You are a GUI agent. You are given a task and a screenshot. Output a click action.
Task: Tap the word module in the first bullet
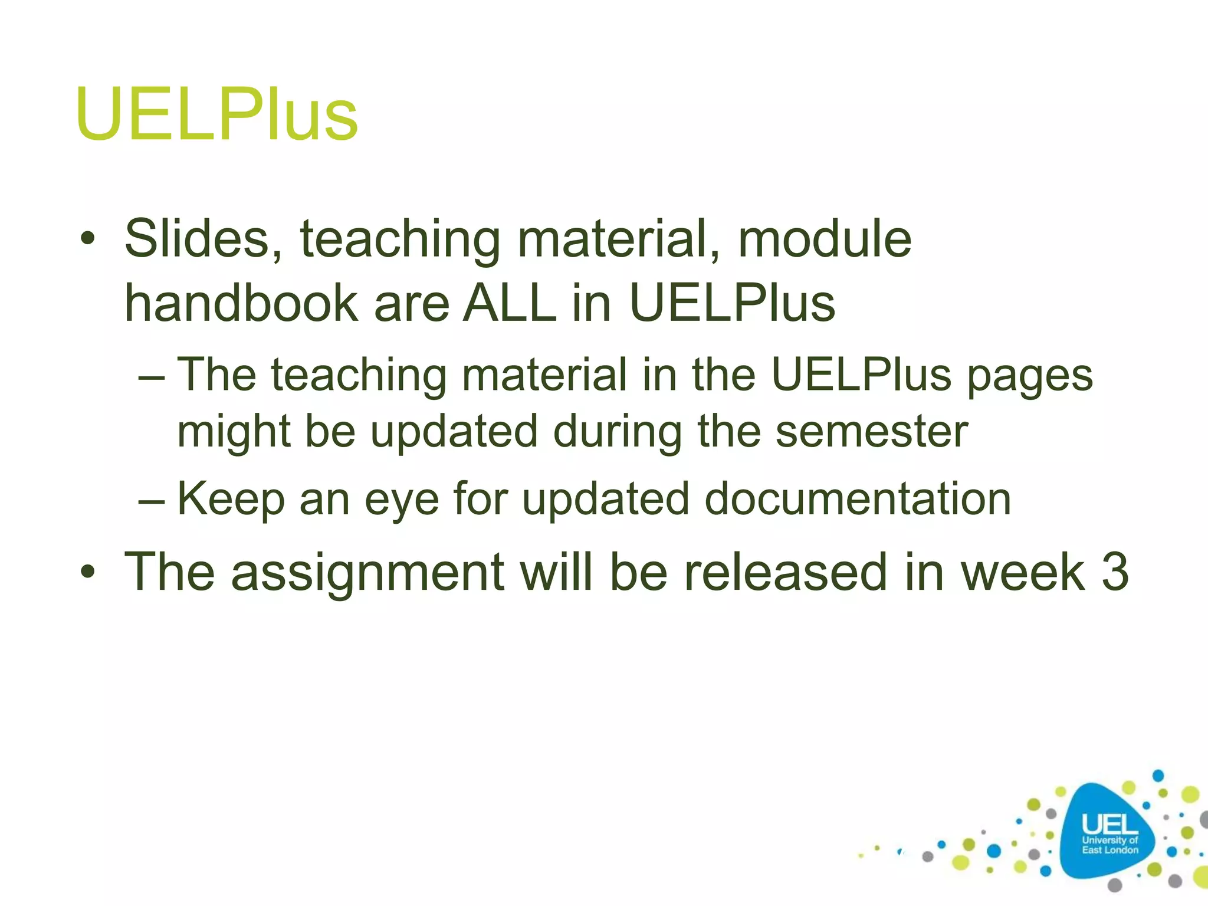825,239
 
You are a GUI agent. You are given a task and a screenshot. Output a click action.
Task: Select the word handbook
241,303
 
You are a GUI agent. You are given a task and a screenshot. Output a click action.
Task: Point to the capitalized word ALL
509,303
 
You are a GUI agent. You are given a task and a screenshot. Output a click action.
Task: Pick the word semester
871,431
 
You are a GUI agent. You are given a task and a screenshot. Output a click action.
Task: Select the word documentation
858,499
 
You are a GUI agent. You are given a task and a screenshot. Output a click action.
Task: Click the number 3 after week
1115,572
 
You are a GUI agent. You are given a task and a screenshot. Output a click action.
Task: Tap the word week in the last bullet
1022,572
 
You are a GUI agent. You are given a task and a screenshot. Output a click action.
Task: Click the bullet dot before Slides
88,239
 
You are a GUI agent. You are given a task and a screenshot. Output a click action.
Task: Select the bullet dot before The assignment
88,571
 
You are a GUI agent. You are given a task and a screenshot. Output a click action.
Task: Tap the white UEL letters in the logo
1109,825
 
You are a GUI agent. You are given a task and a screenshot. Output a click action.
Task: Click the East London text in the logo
1109,850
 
